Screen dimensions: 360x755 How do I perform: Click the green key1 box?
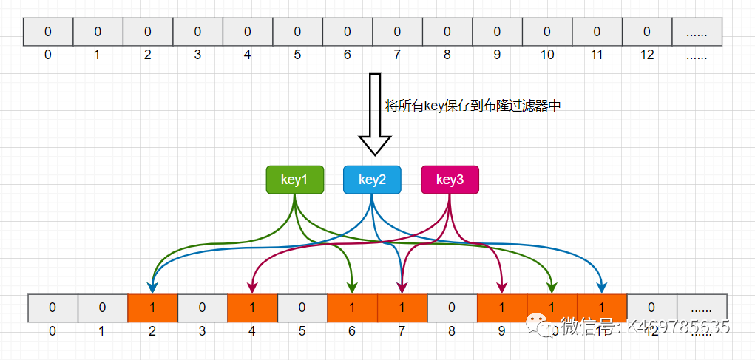[x=294, y=180]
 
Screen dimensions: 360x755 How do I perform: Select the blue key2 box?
[x=372, y=180]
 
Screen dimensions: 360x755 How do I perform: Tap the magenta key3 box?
[x=450, y=180]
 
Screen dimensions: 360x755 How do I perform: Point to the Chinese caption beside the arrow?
[x=473, y=106]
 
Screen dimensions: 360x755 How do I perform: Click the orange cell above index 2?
[x=152, y=308]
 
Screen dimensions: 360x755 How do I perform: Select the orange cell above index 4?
[x=252, y=308]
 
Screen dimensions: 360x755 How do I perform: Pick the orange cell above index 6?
[x=352, y=308]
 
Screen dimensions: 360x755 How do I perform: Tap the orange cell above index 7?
[x=402, y=308]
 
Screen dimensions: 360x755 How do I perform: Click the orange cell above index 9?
[x=502, y=308]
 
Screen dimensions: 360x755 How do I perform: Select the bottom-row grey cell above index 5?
[x=302, y=308]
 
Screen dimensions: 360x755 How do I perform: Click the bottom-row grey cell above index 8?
[x=452, y=308]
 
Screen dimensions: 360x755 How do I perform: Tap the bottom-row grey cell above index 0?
[x=53, y=308]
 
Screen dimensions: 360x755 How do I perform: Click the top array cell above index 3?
[x=197, y=32]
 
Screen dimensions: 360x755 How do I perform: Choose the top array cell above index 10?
[x=546, y=32]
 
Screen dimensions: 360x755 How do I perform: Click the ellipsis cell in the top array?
[x=696, y=32]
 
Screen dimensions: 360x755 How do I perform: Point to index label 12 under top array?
[x=646, y=55]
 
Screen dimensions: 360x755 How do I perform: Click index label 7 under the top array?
[x=397, y=55]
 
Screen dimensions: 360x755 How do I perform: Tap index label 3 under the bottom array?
[x=202, y=331]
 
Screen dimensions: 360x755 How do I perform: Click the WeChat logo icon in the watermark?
[x=540, y=326]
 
